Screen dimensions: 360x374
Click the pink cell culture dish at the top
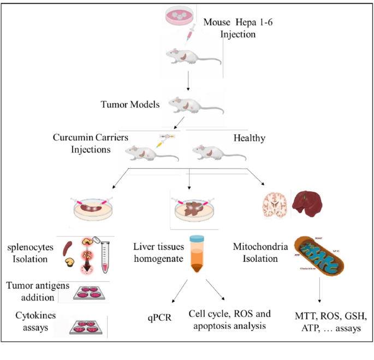(x=181, y=15)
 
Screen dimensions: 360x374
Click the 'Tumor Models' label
(x=130, y=104)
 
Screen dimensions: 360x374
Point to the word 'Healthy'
(x=250, y=138)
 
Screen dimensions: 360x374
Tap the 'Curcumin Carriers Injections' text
(x=91, y=143)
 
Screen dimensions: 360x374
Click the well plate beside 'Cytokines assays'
(x=87, y=326)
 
